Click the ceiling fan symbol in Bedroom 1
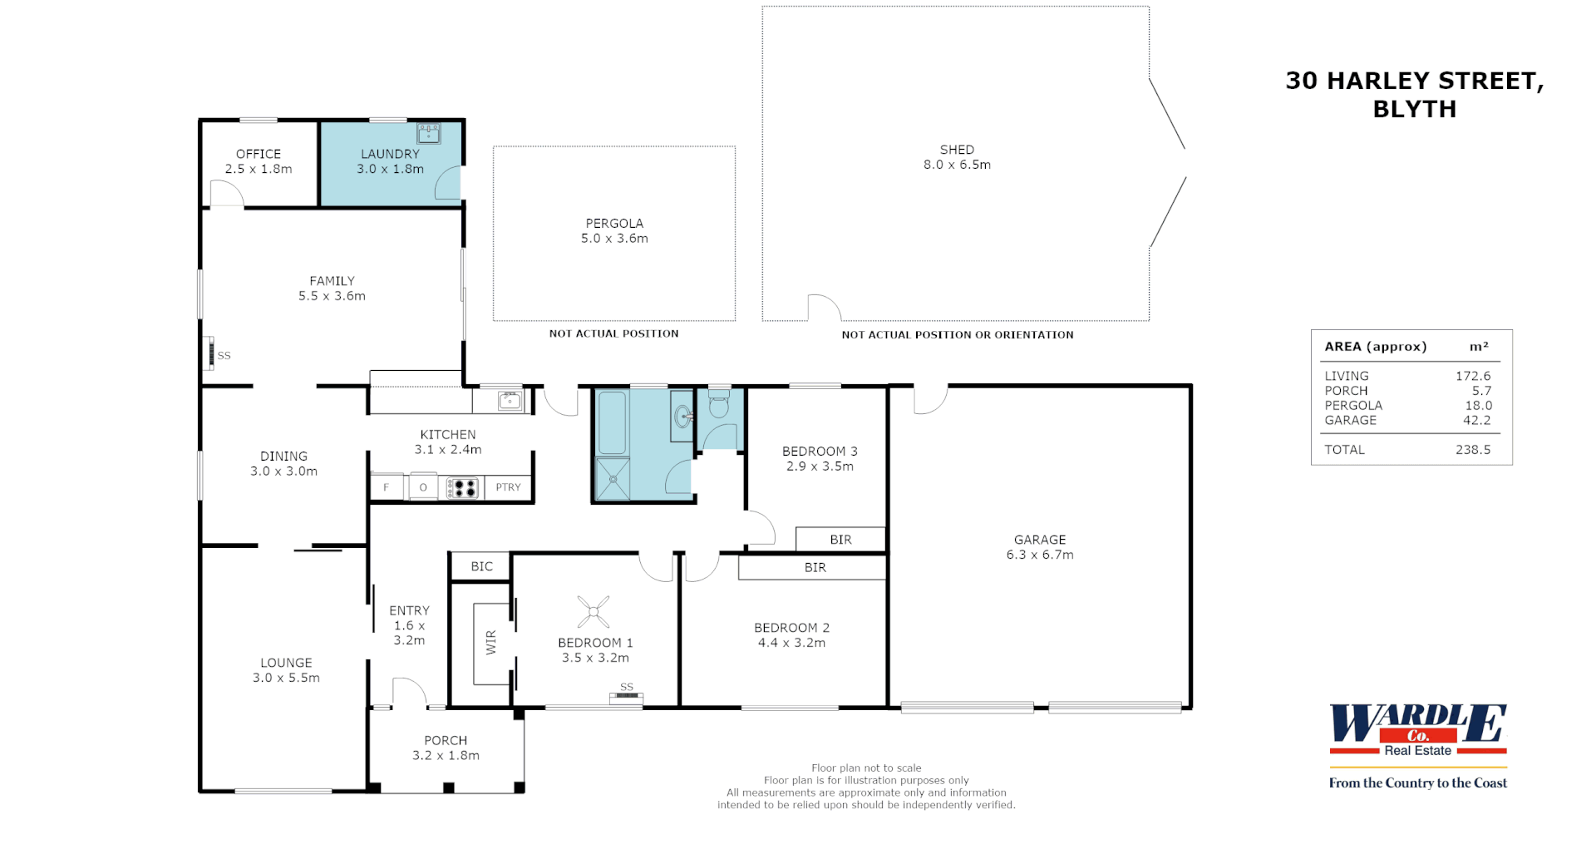coord(594,612)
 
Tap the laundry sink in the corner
coord(429,133)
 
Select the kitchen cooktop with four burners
coord(463,488)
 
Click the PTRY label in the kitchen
coord(508,487)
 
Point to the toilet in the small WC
coord(719,405)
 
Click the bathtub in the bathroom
coord(613,422)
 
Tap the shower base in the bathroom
coord(613,479)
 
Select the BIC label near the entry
coord(481,566)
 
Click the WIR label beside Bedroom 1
coord(491,642)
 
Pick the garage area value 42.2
coord(1476,420)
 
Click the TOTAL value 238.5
coord(1472,449)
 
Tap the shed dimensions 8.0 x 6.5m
coord(957,165)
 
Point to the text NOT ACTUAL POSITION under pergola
coord(613,333)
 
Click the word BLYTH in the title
coord(1414,109)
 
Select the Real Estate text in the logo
coord(1417,750)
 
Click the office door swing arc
coord(226,193)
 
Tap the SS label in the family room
coord(224,355)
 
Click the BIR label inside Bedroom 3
coord(840,540)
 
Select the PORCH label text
coord(446,740)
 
